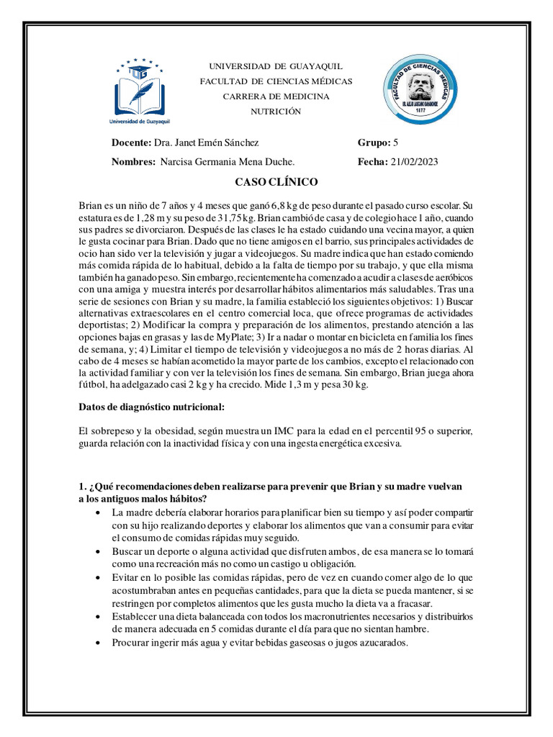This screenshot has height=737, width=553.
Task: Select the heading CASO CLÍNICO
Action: click(276, 183)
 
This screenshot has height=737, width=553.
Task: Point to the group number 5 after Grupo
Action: click(396, 143)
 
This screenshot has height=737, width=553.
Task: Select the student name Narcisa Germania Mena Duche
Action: click(228, 162)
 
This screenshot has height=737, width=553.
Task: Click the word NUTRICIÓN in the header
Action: click(276, 111)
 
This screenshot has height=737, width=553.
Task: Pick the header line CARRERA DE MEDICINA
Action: click(276, 96)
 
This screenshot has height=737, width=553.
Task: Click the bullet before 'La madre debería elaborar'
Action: click(98, 512)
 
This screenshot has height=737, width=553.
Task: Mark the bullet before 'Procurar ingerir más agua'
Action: click(98, 643)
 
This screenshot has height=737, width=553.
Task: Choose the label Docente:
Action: click(132, 143)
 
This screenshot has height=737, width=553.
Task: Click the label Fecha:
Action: click(373, 162)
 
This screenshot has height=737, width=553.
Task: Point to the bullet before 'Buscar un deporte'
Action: click(98, 551)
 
